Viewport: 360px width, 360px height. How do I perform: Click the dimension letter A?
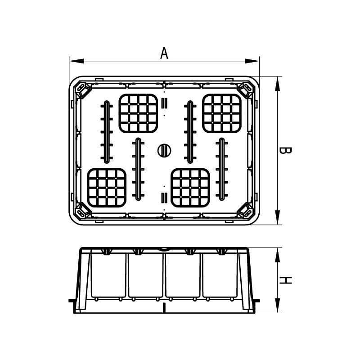coord(164,53)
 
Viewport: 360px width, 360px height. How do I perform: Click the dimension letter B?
coord(285,150)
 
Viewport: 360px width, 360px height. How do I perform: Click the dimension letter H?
coord(285,280)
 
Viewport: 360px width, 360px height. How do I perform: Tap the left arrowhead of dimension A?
coord(76,61)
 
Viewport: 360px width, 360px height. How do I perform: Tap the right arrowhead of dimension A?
coord(252,61)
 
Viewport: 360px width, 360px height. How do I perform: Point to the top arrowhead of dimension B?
coord(278,84)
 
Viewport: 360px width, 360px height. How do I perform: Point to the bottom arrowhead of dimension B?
coord(278,217)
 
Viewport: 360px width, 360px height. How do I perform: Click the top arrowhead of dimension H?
coord(278,255)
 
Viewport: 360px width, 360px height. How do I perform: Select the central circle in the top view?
coord(164,150)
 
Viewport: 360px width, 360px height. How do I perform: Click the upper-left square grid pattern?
coord(138,113)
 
